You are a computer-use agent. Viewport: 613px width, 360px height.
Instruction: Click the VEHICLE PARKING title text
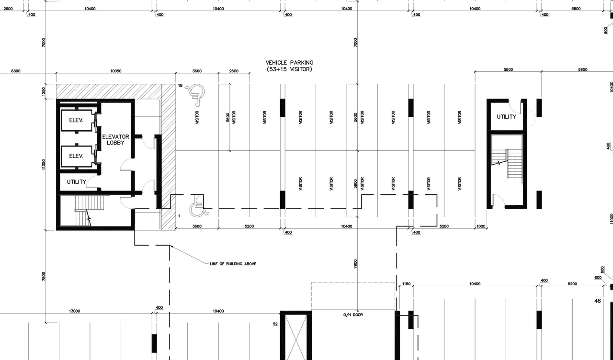coord(289,63)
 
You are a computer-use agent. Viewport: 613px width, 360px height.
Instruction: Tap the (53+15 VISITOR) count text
coord(289,69)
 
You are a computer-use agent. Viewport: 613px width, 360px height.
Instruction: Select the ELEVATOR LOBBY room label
coord(115,140)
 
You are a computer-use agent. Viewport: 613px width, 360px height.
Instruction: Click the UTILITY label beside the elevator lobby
coord(76,182)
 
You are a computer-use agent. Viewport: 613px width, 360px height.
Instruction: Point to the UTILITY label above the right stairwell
coord(506,117)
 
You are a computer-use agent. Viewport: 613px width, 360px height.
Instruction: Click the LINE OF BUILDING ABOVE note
coord(233,264)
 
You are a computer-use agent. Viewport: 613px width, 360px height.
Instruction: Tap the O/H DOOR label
coord(353,315)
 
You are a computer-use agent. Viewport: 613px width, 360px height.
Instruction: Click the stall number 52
coord(275,324)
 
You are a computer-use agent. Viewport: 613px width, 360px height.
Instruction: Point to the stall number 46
coord(597,301)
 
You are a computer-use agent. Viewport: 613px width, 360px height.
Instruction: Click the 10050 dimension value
coord(115,71)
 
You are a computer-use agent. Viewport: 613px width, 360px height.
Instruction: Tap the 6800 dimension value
coord(16,71)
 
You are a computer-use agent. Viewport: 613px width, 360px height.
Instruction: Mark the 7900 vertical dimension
coord(355,263)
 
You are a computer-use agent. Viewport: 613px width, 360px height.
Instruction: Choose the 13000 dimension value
coord(74,311)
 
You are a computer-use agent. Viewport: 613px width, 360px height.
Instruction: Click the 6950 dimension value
coord(582,69)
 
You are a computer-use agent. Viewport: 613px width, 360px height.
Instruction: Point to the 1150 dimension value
coord(406,284)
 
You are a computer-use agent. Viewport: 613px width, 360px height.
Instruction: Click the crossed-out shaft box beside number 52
coord(295,336)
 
